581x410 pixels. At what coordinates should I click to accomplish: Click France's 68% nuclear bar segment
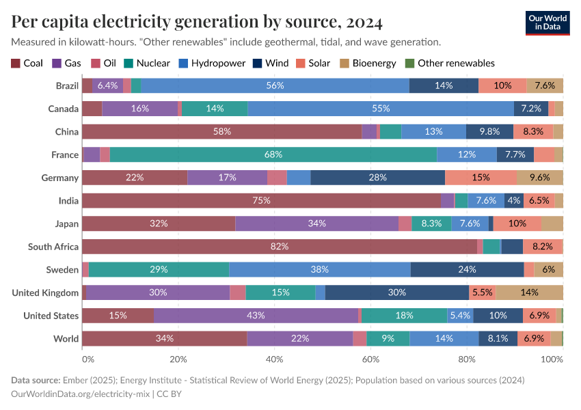(x=273, y=154)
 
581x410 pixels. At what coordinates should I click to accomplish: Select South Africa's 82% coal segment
(x=280, y=247)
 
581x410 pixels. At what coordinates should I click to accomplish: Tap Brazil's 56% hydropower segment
(x=275, y=85)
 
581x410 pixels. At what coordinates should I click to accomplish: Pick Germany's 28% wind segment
(x=377, y=178)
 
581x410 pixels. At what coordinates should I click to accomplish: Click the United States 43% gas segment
(x=256, y=316)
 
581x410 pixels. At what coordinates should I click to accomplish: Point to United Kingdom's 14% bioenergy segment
(x=529, y=292)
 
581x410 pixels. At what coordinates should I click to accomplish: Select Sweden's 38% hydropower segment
(x=319, y=270)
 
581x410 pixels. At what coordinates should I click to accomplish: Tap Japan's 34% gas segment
(x=316, y=223)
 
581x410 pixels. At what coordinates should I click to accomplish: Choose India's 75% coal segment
(x=261, y=200)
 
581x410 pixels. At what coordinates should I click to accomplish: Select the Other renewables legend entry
(x=455, y=64)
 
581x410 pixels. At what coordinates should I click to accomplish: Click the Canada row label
(x=63, y=109)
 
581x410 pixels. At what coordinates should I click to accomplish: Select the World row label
(x=66, y=339)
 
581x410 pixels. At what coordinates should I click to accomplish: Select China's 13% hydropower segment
(x=433, y=131)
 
